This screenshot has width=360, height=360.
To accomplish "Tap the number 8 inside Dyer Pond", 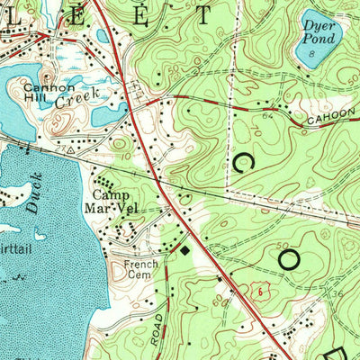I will click(310, 56).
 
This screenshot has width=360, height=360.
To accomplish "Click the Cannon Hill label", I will click(45, 94).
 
